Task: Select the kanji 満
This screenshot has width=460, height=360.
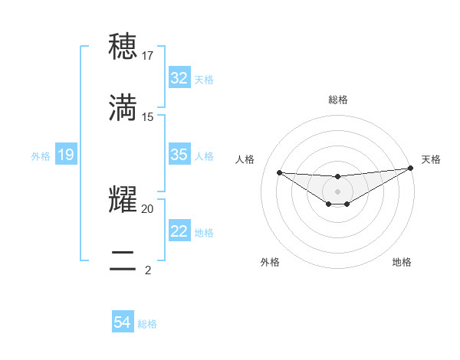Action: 123,107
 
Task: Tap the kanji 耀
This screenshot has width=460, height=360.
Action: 123,199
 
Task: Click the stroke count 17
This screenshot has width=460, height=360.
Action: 148,56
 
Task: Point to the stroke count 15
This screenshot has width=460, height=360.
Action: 148,116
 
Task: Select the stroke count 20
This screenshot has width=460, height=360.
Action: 148,208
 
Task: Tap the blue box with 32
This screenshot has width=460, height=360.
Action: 179,78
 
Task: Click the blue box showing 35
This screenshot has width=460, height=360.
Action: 179,155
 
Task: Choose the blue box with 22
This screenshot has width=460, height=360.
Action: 179,231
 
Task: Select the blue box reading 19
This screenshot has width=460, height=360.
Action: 65,155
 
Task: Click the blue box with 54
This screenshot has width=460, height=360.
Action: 123,323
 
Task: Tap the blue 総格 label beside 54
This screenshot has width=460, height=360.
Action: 147,324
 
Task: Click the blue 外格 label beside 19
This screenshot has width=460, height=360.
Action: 41,156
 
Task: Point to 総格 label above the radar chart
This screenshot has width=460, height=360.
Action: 337,100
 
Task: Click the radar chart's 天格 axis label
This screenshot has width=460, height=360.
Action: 431,159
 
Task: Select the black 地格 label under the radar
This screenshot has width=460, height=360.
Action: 402,262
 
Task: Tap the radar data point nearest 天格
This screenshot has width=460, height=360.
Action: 411,169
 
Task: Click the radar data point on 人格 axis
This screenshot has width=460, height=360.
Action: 279,172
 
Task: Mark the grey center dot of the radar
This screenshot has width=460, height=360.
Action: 337,191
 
